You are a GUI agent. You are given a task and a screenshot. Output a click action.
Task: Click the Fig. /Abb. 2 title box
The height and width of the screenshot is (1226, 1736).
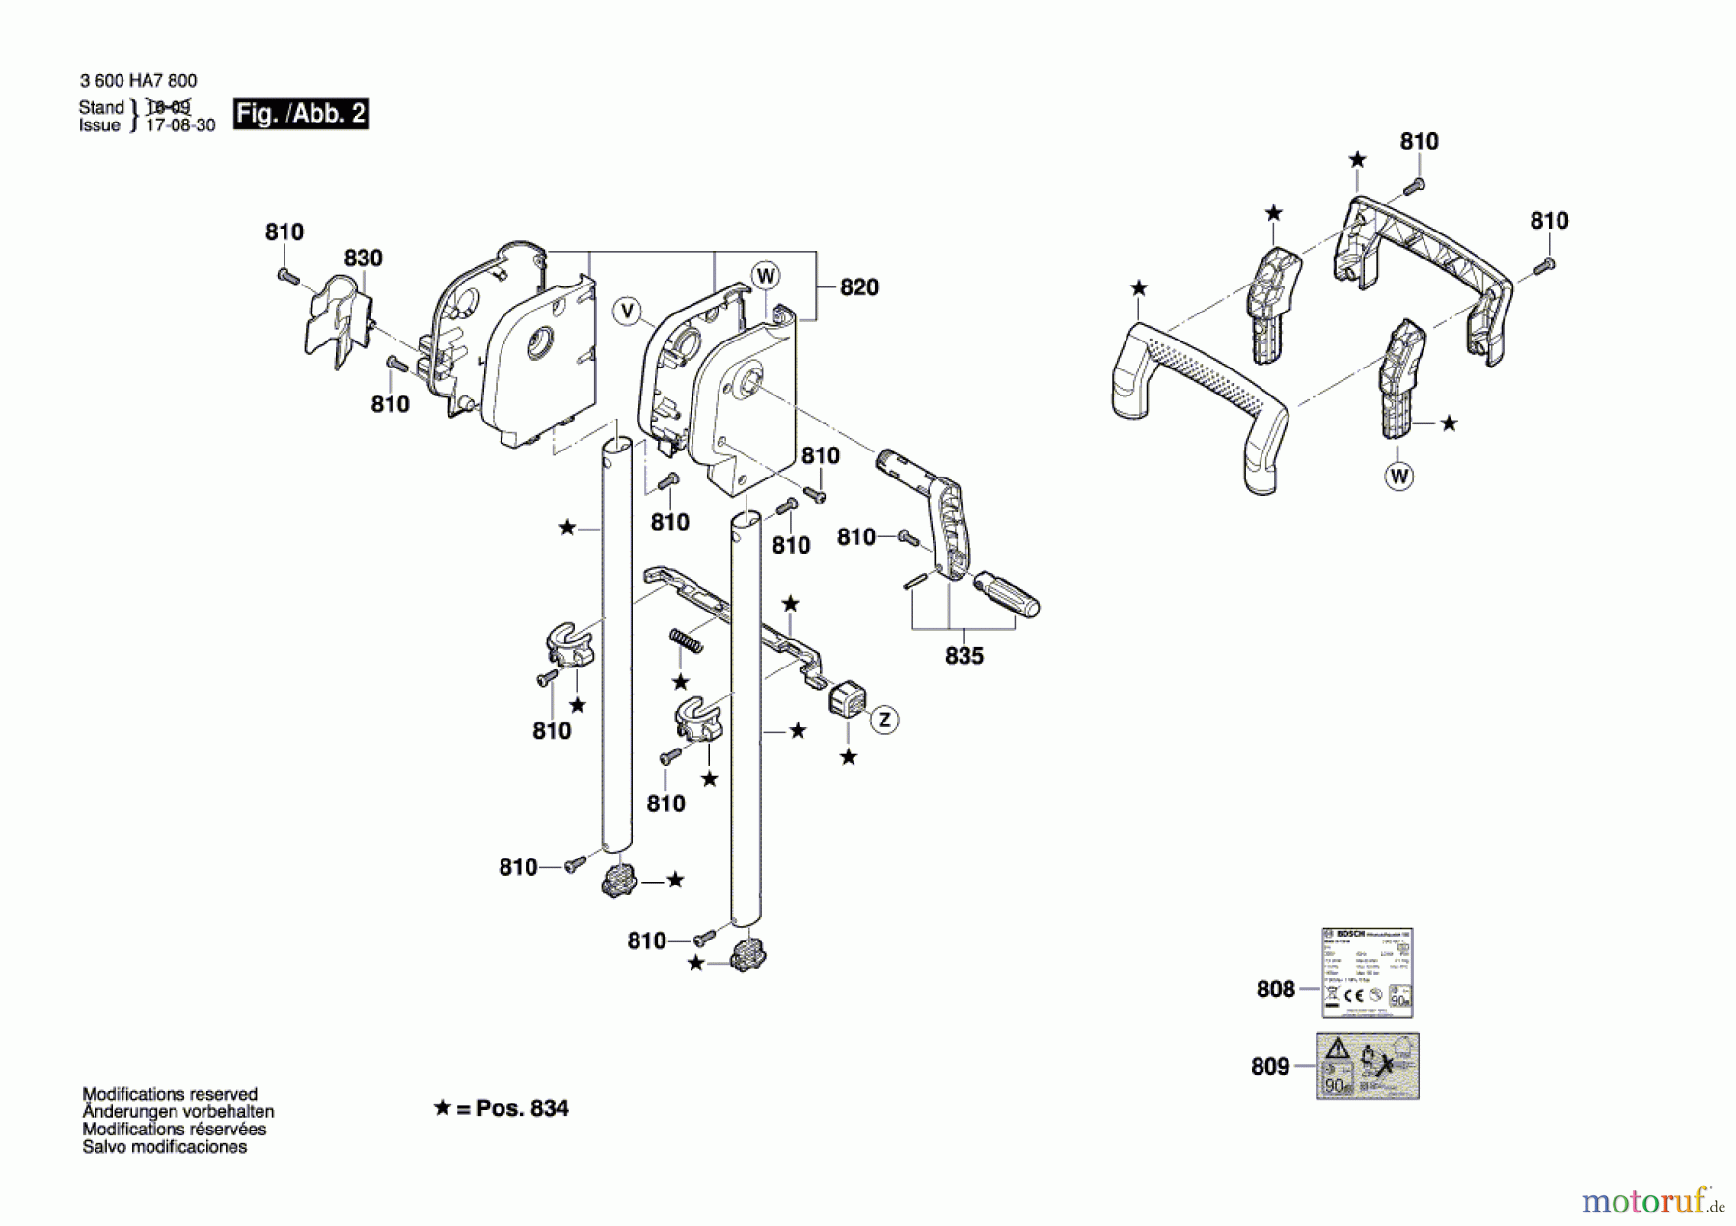pos(301,114)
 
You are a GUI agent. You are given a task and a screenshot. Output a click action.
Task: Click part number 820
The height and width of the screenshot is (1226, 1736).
pos(858,286)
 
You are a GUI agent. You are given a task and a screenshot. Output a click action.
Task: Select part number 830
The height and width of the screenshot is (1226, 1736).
pos(363,258)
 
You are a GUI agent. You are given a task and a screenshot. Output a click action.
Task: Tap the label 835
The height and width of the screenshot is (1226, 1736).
pos(963,656)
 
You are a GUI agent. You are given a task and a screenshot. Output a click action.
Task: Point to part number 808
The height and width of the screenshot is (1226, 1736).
pos(1275,989)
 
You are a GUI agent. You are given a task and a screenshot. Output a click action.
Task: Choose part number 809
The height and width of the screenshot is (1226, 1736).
pos(1269,1066)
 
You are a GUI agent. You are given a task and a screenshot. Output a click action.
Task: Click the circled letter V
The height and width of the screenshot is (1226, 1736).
pos(628,311)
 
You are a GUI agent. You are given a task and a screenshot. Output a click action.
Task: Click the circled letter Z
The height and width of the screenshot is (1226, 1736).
pos(884,720)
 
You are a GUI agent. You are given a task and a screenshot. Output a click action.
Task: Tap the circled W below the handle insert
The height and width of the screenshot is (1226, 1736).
pos(1398,476)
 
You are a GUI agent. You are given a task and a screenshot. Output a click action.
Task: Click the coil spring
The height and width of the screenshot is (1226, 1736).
pos(686,640)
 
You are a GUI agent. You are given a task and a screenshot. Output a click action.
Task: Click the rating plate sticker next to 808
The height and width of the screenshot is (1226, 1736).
pos(1367,972)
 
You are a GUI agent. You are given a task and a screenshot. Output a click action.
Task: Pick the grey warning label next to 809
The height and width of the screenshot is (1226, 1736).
pos(1368,1066)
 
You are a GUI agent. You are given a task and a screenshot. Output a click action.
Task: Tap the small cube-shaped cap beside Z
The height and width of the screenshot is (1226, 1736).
pos(848,697)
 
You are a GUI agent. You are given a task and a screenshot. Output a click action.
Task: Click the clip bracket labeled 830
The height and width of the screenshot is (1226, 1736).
pos(339,315)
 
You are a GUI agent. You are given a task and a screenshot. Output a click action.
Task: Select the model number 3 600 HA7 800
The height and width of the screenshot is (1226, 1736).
pos(138,81)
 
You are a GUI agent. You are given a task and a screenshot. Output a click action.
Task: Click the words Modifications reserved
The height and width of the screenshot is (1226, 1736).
pos(170,1094)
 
